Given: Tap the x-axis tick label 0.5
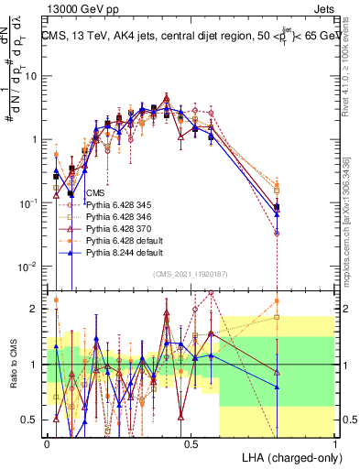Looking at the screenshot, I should (191, 443).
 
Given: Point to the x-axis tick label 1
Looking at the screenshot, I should (335, 443).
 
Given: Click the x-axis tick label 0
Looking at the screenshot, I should (48, 443).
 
